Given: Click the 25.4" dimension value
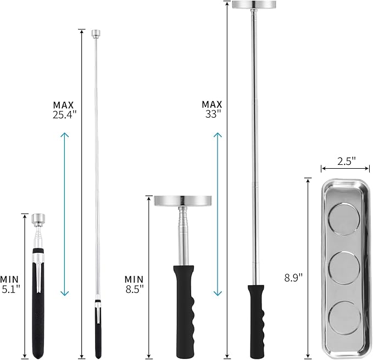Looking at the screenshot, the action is [64, 115].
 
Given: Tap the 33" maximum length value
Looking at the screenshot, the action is [211, 114].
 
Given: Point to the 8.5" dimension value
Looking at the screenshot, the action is [135, 289].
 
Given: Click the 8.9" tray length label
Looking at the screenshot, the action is [293, 278].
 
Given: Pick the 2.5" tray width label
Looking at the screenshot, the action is [346, 162].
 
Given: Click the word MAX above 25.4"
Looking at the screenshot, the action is [63, 105].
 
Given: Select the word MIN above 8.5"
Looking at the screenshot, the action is [134, 279].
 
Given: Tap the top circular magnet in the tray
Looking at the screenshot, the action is [343, 218].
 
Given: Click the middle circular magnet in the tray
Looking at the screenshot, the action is [344, 268].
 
